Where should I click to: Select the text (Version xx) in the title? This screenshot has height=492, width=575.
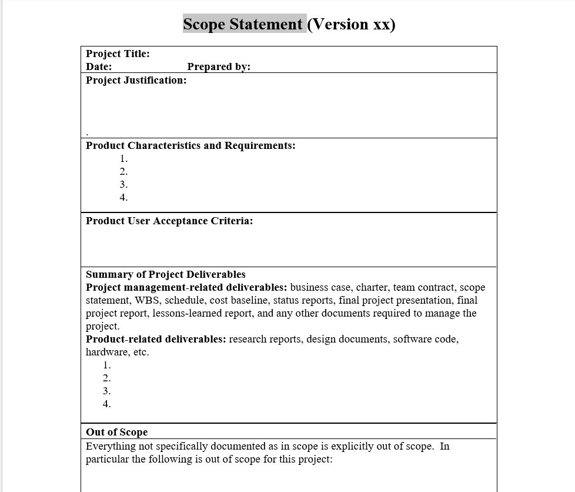click(x=351, y=24)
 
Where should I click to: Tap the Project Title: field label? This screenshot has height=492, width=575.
click(x=118, y=54)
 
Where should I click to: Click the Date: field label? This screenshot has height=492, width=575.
click(x=99, y=67)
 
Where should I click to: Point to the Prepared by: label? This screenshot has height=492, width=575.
click(x=219, y=67)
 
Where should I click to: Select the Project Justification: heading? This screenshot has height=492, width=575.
click(x=136, y=80)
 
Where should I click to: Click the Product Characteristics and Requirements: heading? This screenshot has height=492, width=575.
click(x=190, y=145)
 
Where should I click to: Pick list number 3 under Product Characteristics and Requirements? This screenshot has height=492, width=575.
click(x=123, y=184)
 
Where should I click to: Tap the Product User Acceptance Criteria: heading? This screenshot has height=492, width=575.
click(x=169, y=221)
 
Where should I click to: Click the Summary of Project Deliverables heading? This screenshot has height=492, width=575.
click(x=166, y=274)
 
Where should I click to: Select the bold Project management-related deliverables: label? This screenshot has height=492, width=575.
click(x=186, y=287)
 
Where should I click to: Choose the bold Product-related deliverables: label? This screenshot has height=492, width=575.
click(x=156, y=339)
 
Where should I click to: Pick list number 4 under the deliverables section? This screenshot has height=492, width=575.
click(x=106, y=404)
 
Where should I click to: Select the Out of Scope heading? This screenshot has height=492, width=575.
click(x=116, y=432)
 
